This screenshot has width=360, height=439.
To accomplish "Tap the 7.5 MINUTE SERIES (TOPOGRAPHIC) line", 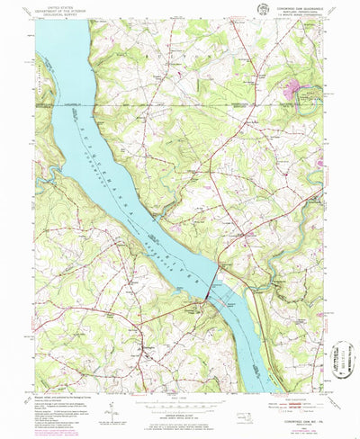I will [292, 16].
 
